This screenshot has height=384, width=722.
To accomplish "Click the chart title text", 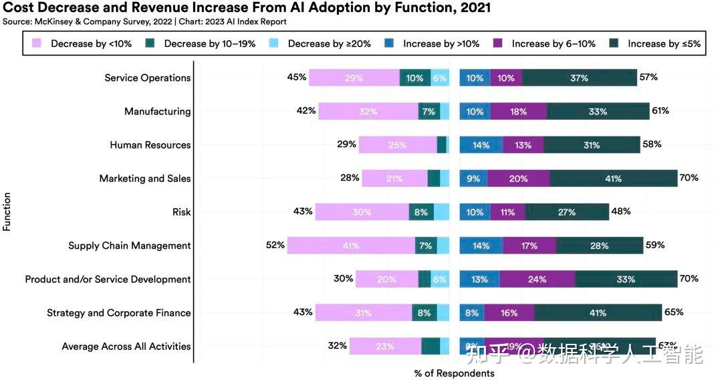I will (x=247, y=8).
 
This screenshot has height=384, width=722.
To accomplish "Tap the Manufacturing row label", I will (x=157, y=112).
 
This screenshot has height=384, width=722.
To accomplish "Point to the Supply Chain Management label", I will (x=129, y=246).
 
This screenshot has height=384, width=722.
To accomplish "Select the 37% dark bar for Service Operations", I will (x=579, y=78).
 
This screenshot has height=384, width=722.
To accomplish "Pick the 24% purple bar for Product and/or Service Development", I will (x=537, y=279).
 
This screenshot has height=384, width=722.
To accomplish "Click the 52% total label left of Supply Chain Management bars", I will (x=275, y=245).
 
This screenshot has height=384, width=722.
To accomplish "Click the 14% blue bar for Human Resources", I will (x=481, y=145).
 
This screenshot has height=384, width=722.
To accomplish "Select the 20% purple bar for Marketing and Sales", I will (x=518, y=179).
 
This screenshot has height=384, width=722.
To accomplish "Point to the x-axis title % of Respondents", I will (x=455, y=373).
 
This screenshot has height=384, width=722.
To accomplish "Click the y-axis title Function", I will (x=7, y=211).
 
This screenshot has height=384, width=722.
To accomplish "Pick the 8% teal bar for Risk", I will (x=421, y=212).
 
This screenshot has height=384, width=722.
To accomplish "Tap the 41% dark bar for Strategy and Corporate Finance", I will (x=598, y=312).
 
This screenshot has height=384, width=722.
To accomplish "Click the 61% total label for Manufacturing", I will (x=660, y=111).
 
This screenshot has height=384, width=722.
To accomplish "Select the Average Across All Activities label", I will (x=126, y=347).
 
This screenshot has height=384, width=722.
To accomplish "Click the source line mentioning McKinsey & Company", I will (x=144, y=21).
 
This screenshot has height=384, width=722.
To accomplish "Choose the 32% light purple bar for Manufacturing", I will (x=368, y=112).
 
